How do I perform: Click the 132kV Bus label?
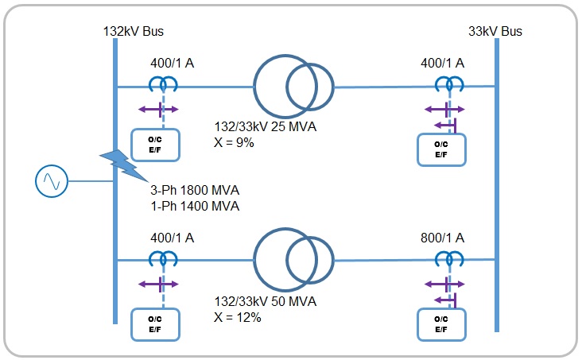[x=133, y=31]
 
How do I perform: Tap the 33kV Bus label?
[x=495, y=31]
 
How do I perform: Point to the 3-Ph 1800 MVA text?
[x=195, y=191]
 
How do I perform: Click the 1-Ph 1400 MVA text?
[x=195, y=206]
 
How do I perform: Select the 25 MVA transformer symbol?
[x=293, y=87]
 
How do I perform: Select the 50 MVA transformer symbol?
[x=293, y=260]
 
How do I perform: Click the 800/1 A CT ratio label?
[x=443, y=238]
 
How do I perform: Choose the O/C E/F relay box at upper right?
[x=442, y=150]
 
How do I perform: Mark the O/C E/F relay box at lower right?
[x=442, y=324]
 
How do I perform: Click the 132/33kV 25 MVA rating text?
[x=266, y=127]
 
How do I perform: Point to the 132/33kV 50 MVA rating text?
[x=266, y=301]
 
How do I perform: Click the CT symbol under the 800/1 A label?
[x=448, y=258]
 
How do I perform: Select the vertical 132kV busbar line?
[x=116, y=183]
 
